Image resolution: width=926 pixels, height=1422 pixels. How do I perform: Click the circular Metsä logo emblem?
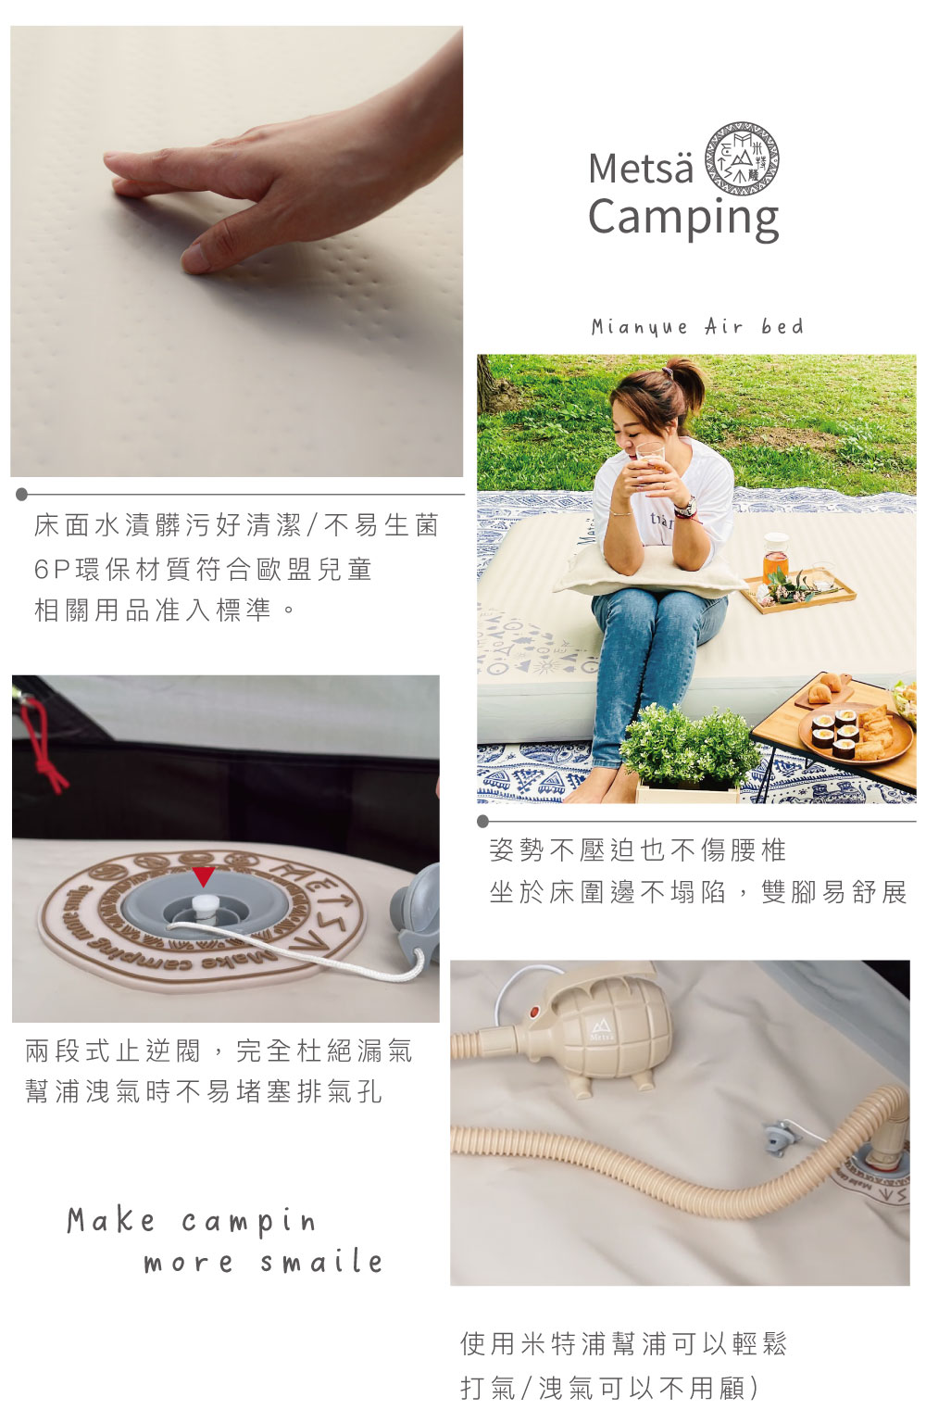(x=742, y=158)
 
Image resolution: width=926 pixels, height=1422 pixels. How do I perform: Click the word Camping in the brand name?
(x=682, y=218)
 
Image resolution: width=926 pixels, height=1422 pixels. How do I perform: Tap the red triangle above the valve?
(x=203, y=876)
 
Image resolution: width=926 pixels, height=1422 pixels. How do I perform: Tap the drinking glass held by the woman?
(x=650, y=459)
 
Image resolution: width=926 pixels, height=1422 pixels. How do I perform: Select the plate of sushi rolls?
(x=856, y=736)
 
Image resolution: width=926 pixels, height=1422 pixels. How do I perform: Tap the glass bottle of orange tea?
(x=774, y=558)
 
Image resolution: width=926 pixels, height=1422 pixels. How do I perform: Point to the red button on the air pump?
(x=533, y=1012)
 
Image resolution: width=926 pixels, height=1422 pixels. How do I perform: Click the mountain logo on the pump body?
(x=601, y=1026)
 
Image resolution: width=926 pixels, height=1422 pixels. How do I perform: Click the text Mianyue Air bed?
(x=697, y=327)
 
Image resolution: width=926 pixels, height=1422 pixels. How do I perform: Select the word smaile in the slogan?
(x=321, y=1261)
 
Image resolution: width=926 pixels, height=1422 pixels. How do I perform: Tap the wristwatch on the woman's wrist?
(x=685, y=506)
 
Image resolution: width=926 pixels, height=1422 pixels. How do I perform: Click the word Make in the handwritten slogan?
(x=110, y=1220)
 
